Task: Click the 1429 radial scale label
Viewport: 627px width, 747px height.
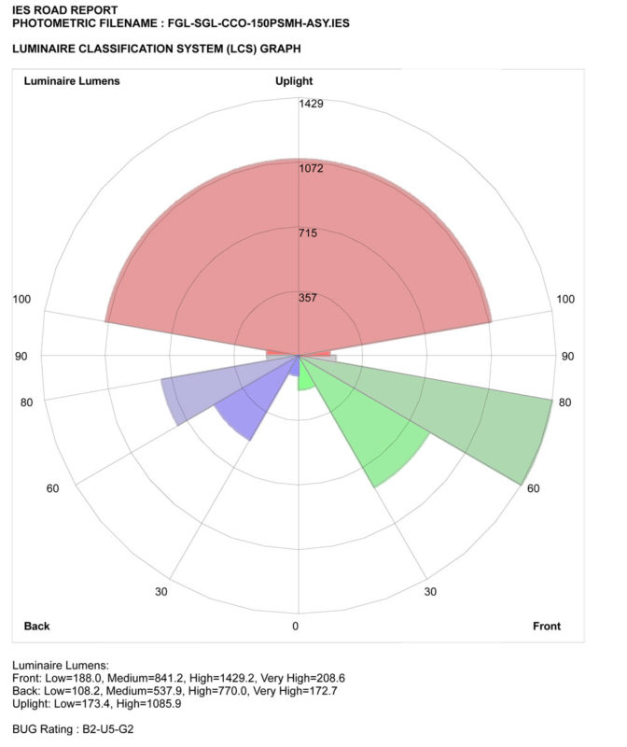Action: click(x=311, y=104)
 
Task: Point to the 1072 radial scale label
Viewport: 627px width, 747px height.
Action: click(x=311, y=168)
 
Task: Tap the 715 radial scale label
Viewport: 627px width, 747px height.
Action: click(x=308, y=233)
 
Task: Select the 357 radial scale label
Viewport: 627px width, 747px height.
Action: click(x=308, y=298)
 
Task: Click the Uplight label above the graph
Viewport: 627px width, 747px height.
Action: click(x=294, y=81)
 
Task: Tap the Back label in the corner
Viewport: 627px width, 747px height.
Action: click(x=37, y=626)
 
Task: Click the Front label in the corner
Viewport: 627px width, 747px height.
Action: click(x=547, y=626)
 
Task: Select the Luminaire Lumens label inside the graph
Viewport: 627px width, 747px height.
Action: click(x=71, y=81)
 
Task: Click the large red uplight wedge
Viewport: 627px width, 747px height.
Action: click(x=299, y=252)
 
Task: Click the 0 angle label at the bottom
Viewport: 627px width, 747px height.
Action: click(x=297, y=626)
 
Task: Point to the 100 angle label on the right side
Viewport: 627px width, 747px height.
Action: click(x=565, y=299)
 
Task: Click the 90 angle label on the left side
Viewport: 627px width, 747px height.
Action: click(x=21, y=357)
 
